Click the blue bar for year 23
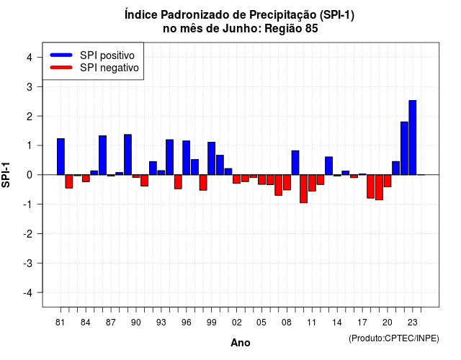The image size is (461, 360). click(x=413, y=138)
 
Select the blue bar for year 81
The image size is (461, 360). click(x=61, y=157)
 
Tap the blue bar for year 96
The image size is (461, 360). click(x=186, y=158)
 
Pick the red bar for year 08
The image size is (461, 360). click(x=287, y=182)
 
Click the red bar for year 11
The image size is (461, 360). click(x=312, y=183)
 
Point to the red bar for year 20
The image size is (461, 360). click(x=388, y=181)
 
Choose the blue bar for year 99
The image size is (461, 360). click(x=211, y=158)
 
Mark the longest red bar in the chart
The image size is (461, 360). click(x=303, y=189)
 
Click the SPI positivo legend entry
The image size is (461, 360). click(x=92, y=55)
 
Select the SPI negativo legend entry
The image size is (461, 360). click(x=94, y=68)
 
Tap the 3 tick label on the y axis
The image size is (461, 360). click(x=30, y=86)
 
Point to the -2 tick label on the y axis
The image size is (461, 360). click(x=27, y=233)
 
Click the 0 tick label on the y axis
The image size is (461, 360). click(x=30, y=175)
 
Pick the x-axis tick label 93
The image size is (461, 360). click(x=161, y=323)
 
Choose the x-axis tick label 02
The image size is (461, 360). click(x=237, y=323)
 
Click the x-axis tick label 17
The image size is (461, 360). click(x=362, y=323)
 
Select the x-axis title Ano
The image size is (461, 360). click(x=241, y=343)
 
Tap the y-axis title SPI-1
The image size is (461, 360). click(x=6, y=175)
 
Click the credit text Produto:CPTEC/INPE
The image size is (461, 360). click(x=394, y=338)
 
